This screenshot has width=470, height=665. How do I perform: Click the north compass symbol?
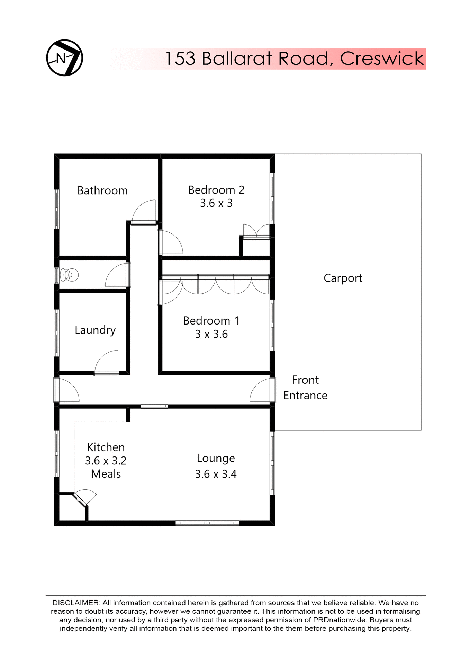[x=65, y=58]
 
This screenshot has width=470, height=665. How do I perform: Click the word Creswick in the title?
[x=382, y=59]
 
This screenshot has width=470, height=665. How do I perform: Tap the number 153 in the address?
[x=180, y=59]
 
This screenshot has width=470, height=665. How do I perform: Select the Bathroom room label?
[x=102, y=190]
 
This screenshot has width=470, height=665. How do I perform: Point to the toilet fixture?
[x=69, y=275]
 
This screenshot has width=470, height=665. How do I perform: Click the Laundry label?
[x=95, y=330]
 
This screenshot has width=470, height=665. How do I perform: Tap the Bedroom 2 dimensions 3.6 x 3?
[x=216, y=203]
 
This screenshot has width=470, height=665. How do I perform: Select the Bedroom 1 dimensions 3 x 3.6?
[x=211, y=334]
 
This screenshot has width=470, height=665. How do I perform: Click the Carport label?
[x=343, y=278]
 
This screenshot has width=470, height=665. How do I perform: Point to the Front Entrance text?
[x=305, y=388]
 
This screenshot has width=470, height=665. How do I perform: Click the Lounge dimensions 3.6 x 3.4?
[x=216, y=474]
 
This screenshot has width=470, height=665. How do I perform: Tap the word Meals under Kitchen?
[x=106, y=474]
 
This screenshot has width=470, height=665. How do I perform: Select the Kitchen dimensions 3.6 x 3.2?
[x=106, y=461]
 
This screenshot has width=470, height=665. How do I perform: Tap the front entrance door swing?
[x=260, y=390]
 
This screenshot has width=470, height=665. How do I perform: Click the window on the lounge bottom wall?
[x=207, y=523]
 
